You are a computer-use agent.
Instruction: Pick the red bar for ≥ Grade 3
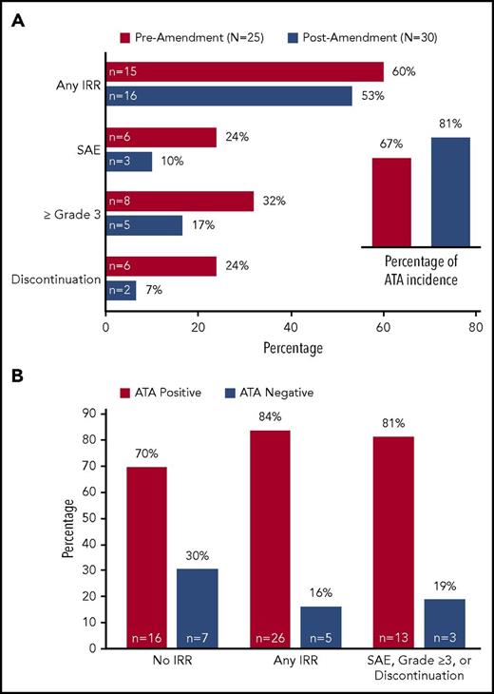tap(180, 202)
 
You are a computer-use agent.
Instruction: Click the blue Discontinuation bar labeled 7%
tap(121, 290)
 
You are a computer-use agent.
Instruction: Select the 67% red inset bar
tap(391, 202)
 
